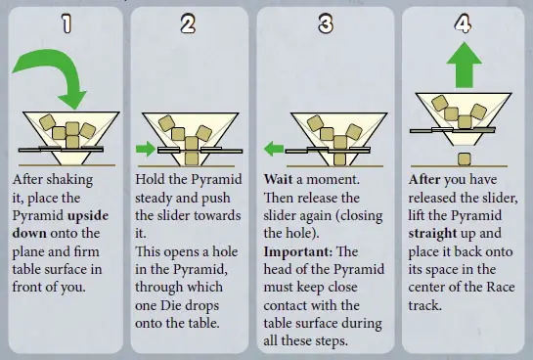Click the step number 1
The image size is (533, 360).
67,23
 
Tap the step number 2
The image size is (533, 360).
188,23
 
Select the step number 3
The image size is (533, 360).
326,23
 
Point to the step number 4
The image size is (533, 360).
463,23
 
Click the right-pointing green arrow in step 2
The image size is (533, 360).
146,149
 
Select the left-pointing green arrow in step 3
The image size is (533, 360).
274,149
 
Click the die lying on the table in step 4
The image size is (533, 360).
464,159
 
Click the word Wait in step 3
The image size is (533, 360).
278,179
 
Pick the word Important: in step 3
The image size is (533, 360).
298,251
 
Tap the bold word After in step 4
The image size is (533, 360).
424,179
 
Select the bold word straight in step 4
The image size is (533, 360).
432,234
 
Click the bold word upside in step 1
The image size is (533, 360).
88,216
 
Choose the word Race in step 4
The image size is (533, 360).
501,288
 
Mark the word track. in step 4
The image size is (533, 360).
424,305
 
